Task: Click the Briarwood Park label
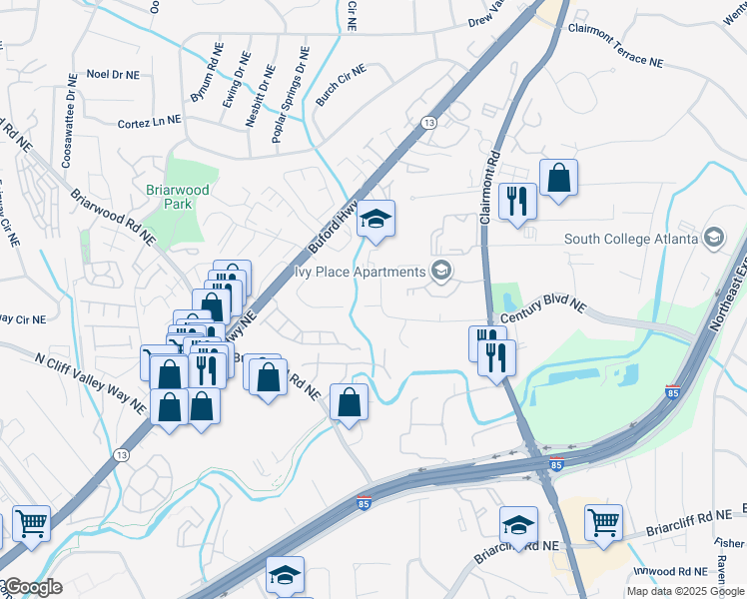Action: click(167, 195)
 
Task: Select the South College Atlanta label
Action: click(631, 239)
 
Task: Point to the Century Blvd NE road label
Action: click(542, 304)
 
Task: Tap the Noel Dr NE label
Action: click(119, 74)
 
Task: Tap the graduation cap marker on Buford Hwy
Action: click(376, 221)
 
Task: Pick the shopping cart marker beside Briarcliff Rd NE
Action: click(604, 522)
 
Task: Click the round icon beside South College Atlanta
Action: click(713, 238)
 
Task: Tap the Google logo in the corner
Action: click(32, 587)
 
